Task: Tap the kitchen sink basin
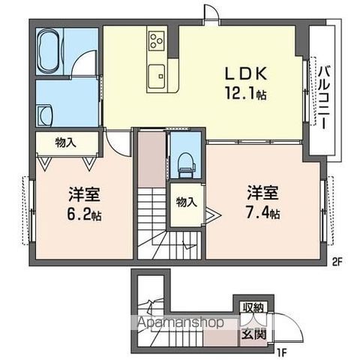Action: [x=158, y=73]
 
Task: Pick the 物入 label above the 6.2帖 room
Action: [x=65, y=142]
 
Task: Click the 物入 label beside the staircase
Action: [x=185, y=201]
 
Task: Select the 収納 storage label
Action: [x=251, y=307]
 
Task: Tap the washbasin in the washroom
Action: [x=45, y=114]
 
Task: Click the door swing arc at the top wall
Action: [x=211, y=14]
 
